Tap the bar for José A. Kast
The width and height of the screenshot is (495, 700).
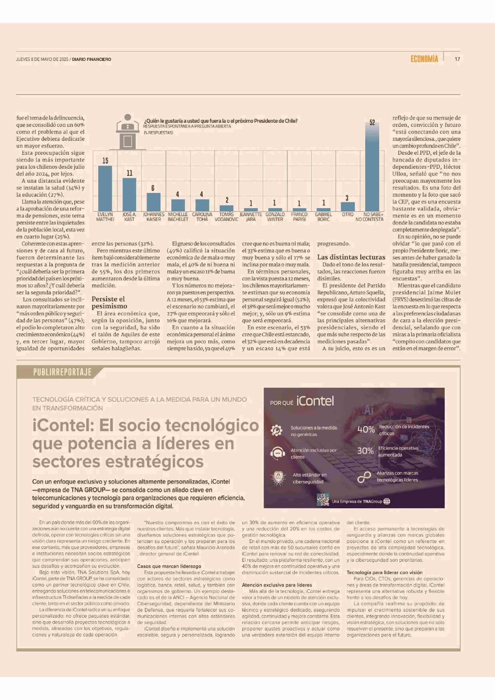pyautogui.click(x=129, y=195)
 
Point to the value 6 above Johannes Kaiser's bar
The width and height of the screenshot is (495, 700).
pyautogui.click(x=153, y=188)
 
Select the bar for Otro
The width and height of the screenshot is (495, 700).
pyautogui.click(x=348, y=207)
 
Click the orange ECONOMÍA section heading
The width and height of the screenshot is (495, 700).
pyautogui.click(x=424, y=59)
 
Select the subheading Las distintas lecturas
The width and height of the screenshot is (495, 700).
pyautogui.click(x=351, y=257)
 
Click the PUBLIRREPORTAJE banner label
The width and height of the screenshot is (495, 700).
pyautogui.click(x=62, y=372)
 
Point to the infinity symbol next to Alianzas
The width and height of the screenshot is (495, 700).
pyautogui.click(x=364, y=477)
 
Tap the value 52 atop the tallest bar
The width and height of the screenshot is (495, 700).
pyautogui.click(x=372, y=123)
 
